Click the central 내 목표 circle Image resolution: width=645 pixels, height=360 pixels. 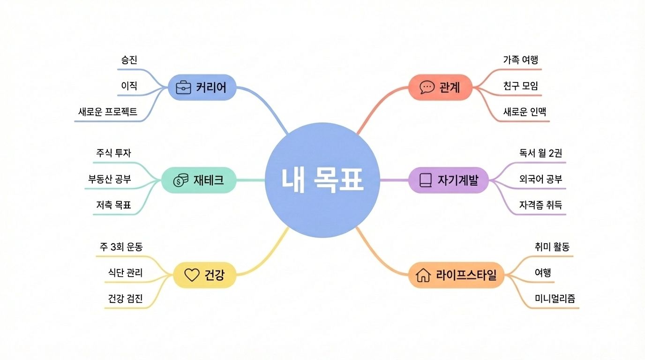[x=322, y=180]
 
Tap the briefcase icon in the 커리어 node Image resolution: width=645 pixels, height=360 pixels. [x=183, y=87]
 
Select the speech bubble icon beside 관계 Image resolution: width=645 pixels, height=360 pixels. [x=427, y=87]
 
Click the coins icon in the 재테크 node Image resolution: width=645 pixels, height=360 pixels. [x=180, y=180]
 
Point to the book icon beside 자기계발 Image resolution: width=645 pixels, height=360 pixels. [x=425, y=180]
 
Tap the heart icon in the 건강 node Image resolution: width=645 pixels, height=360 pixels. [x=192, y=275]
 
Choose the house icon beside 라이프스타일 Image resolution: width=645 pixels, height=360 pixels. [x=423, y=275]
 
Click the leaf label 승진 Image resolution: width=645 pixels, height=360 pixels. [x=129, y=60]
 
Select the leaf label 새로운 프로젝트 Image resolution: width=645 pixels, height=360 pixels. [x=108, y=112]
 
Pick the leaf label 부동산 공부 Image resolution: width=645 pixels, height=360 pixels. [x=110, y=179]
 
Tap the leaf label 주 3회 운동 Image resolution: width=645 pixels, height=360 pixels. [x=121, y=247]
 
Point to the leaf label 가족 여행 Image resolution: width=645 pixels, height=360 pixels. [x=520, y=60]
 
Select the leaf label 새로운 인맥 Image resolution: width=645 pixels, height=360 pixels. [x=525, y=112]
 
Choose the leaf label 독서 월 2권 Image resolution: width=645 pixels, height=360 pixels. [x=540, y=153]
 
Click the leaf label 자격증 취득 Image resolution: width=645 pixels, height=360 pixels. [x=540, y=205]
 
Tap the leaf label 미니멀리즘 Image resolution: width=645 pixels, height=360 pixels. [x=555, y=299]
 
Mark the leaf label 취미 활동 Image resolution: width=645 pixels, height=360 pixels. [x=552, y=247]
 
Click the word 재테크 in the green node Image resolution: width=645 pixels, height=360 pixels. [x=209, y=180]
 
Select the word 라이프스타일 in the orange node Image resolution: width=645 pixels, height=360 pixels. [x=466, y=275]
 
